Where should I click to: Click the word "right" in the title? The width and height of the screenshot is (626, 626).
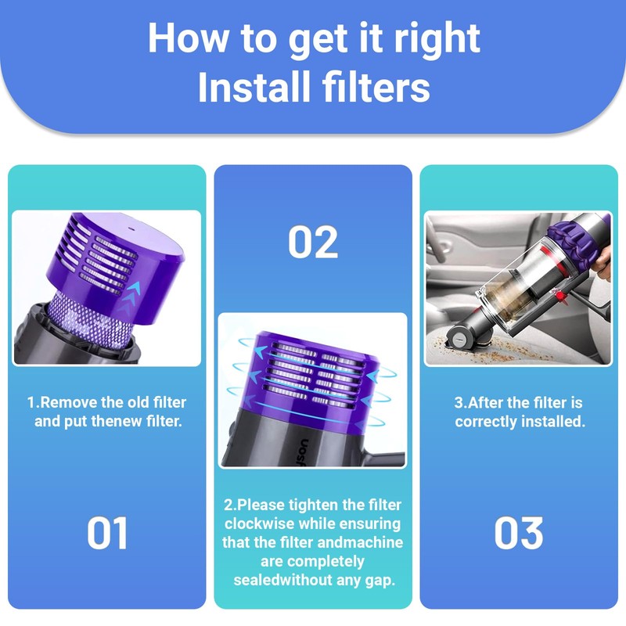click(x=437, y=39)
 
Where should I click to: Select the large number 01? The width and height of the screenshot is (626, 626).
click(x=107, y=533)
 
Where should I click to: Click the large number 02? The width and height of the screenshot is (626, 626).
click(x=313, y=242)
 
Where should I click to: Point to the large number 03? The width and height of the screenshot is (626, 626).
click(x=519, y=533)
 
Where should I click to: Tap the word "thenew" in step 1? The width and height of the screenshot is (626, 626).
click(x=117, y=421)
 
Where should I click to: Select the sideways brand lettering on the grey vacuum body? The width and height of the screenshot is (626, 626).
click(x=304, y=452)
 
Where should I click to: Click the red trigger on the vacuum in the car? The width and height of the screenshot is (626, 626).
click(x=562, y=296)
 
